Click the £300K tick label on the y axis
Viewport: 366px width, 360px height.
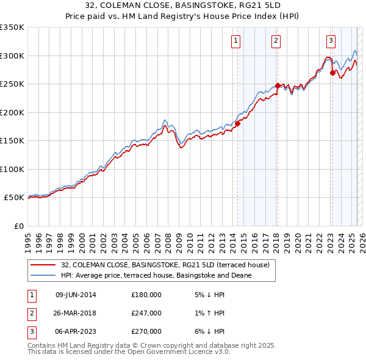[12, 56]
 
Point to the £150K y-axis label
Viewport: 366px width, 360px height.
[12, 140]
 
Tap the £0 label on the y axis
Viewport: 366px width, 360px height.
[18, 226]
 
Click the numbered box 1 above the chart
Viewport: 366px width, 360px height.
[235, 41]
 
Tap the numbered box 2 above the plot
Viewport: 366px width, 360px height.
[276, 41]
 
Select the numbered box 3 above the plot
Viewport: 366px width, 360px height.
[331, 41]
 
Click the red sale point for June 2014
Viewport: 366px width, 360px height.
[237, 123]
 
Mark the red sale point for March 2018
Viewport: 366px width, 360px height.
[278, 85]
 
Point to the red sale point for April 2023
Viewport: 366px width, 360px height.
[332, 73]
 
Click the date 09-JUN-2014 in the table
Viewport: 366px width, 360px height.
[76, 295]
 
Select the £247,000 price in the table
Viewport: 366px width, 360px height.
[146, 313]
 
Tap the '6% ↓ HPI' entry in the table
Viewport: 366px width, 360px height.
[207, 331]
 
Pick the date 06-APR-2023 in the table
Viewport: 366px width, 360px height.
[76, 331]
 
